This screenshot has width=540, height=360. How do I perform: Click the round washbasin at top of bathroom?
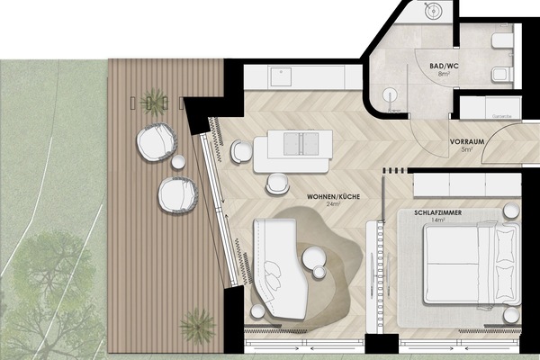click(431, 11)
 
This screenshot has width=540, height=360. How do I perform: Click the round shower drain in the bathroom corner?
click(389, 94)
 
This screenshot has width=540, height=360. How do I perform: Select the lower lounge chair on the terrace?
click(177, 193)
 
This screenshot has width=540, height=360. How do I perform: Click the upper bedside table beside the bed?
click(510, 211)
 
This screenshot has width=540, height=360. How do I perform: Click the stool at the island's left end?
click(240, 152)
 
